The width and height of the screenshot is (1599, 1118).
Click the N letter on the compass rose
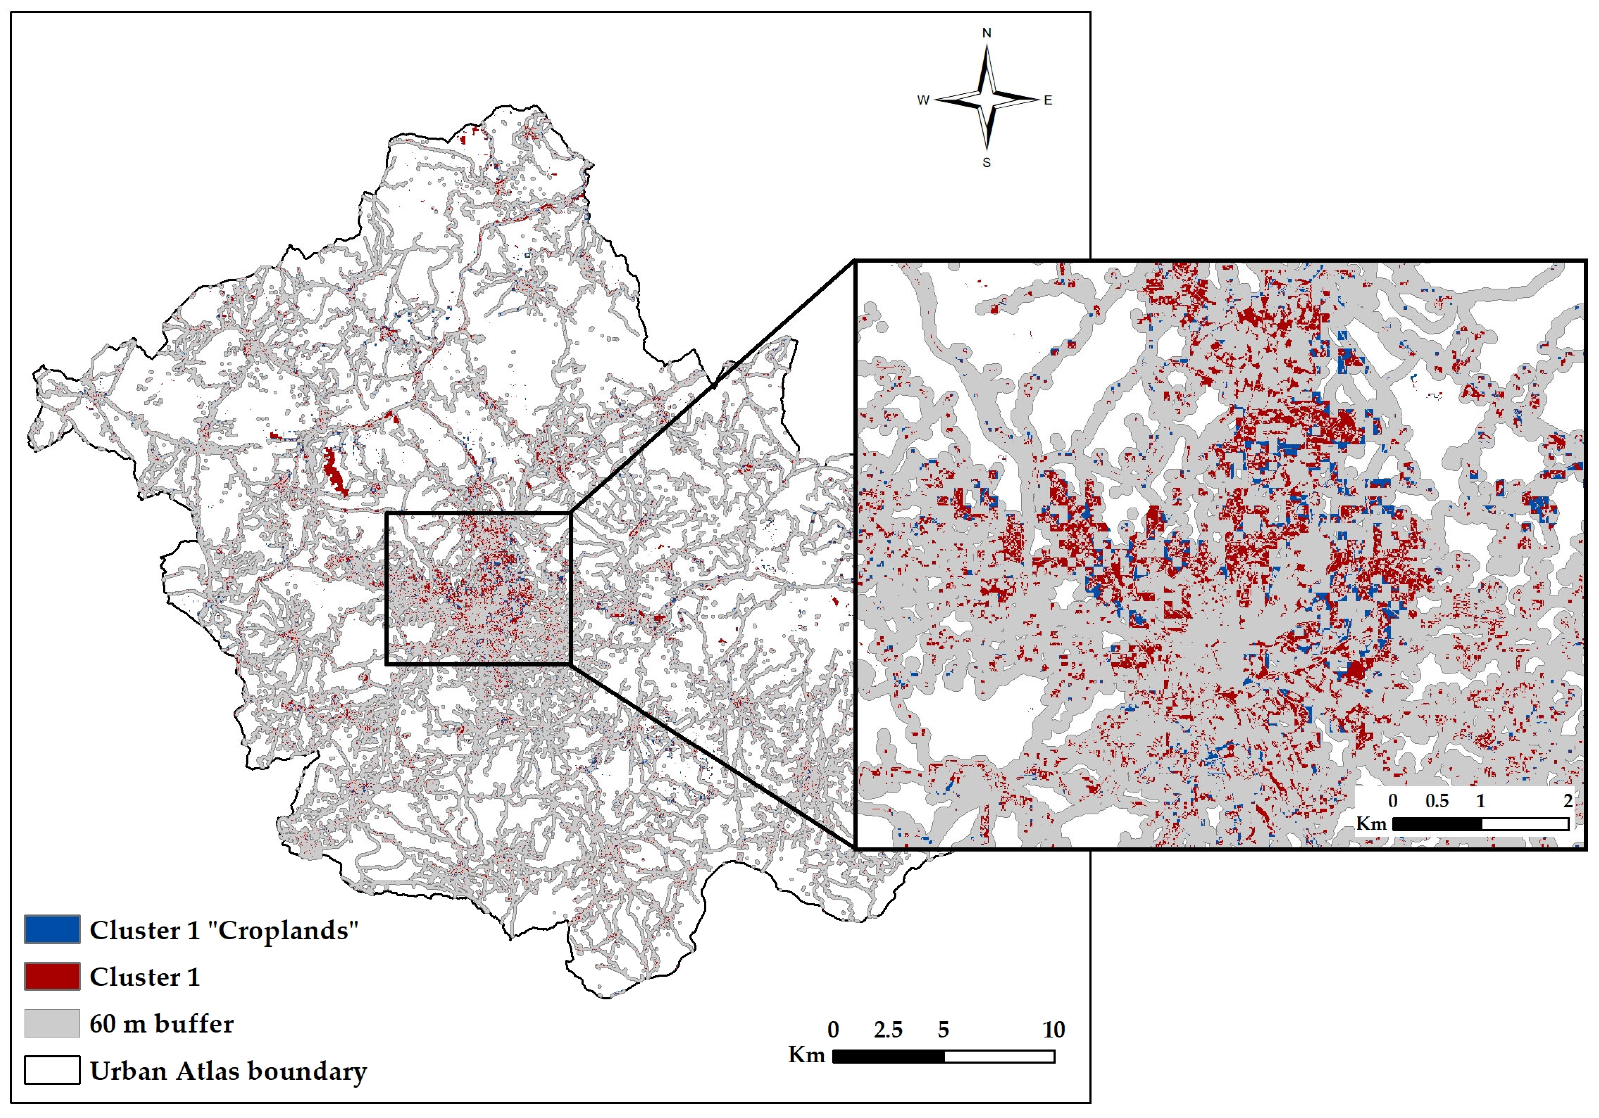tap(986, 33)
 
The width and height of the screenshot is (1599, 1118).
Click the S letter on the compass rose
tap(986, 162)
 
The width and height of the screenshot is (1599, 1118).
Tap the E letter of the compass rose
tap(1047, 100)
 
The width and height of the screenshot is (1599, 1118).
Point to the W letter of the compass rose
tap(923, 100)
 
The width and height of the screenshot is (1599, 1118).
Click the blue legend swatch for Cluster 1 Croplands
tap(52, 929)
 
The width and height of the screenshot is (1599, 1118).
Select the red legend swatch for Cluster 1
tap(52, 976)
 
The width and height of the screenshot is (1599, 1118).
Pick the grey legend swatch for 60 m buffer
tap(52, 1023)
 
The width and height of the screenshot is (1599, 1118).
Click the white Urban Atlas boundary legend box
tap(52, 1070)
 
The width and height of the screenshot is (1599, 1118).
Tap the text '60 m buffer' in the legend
tap(162, 1023)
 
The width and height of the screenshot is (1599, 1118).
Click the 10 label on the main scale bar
tap(1053, 1030)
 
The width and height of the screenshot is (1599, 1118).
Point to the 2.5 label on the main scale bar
tap(888, 1030)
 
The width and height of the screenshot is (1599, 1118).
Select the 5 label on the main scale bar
tap(943, 1030)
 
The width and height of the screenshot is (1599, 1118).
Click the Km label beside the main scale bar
tap(806, 1055)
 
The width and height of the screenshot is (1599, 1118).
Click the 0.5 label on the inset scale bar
tap(1437, 801)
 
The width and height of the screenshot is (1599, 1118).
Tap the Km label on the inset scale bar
tap(1371, 823)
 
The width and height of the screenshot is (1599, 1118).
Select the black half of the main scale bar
tap(888, 1056)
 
